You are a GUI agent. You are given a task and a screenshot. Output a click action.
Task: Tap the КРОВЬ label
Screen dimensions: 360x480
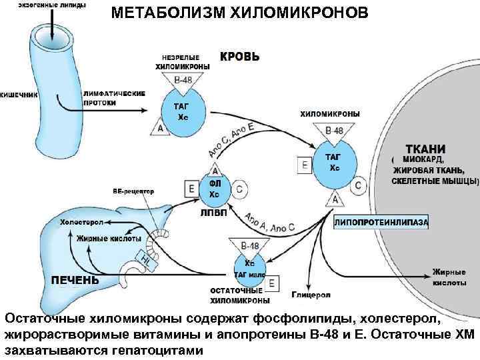[240, 57]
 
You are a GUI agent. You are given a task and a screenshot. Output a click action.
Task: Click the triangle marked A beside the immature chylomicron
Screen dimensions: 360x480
[160, 127]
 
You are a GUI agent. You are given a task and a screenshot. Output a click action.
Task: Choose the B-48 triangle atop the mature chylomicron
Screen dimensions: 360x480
[334, 131]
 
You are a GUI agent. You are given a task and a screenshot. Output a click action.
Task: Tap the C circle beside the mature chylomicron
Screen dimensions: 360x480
[358, 185]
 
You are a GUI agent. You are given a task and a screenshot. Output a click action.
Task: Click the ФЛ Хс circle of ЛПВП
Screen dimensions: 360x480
[214, 189]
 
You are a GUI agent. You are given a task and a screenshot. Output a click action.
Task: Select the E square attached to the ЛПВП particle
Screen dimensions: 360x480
[192, 189]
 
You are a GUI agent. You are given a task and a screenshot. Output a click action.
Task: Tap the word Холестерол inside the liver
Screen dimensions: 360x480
[82, 222]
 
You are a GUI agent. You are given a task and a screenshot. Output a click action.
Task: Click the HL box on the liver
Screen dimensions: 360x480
[146, 257]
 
